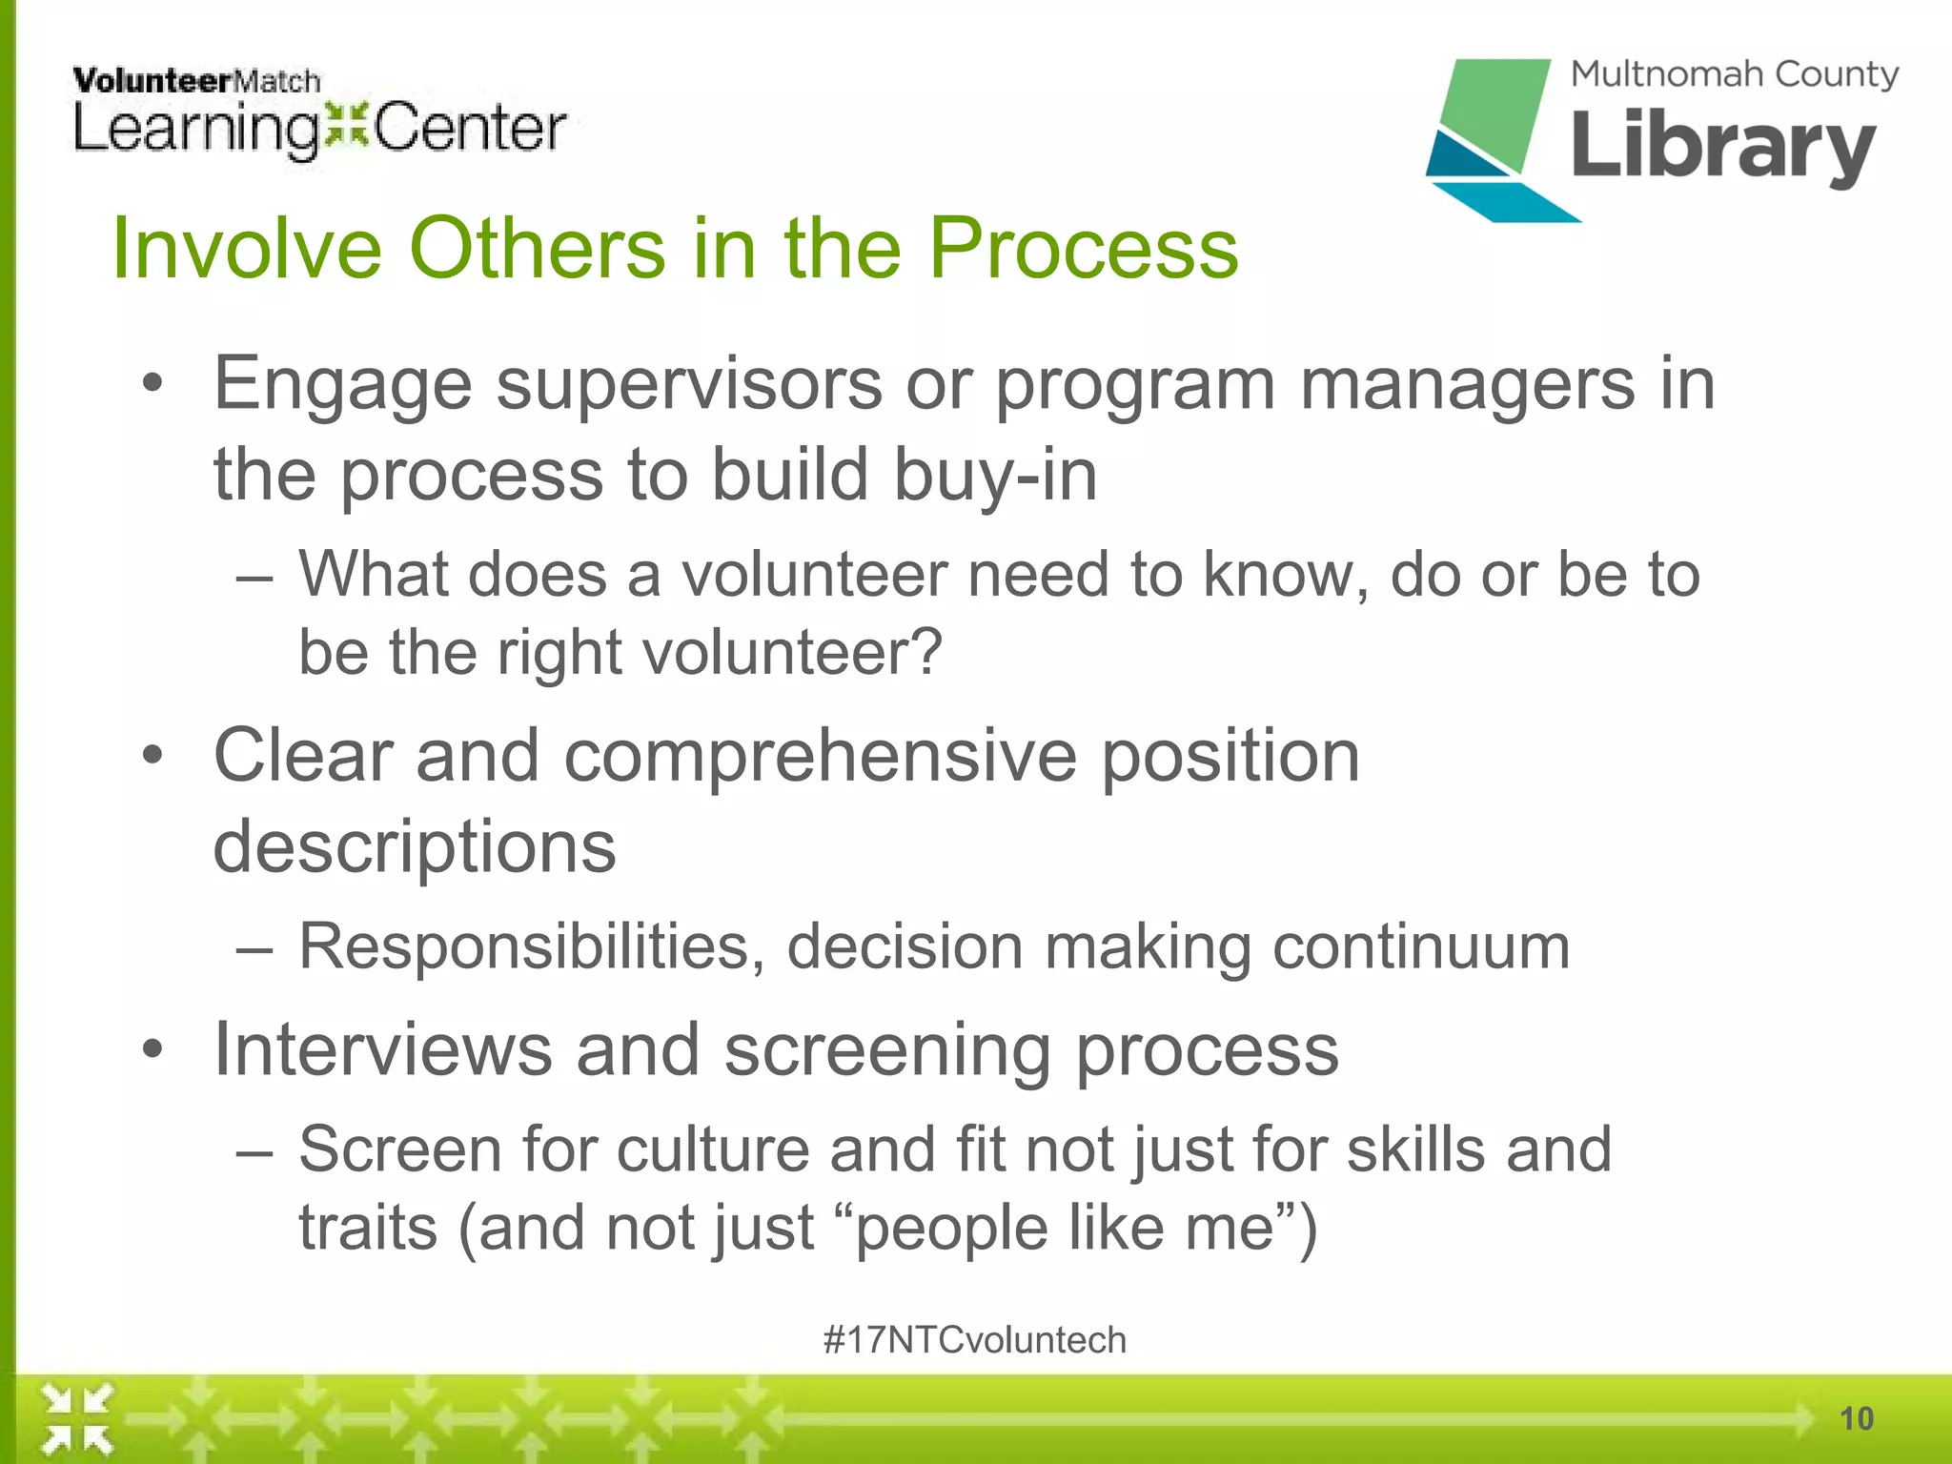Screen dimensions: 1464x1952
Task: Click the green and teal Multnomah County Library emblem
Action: [x=1492, y=138]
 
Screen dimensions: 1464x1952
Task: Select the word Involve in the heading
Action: [x=247, y=249]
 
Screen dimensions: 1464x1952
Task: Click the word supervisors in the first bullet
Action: [x=689, y=384]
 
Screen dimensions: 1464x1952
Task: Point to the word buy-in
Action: [x=995, y=475]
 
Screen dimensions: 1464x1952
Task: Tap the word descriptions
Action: [x=415, y=846]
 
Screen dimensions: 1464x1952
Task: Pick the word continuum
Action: [x=1421, y=946]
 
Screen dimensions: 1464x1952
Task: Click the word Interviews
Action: [x=382, y=1049]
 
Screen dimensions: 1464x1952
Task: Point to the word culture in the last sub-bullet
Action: [x=713, y=1149]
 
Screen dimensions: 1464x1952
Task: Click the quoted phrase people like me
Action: [x=1066, y=1228]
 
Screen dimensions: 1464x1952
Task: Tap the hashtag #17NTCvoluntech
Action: [x=974, y=1340]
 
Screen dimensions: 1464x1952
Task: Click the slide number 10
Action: [x=1856, y=1419]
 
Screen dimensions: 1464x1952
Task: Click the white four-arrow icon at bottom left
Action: [x=77, y=1418]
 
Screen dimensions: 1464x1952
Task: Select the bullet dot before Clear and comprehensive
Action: [x=152, y=756]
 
